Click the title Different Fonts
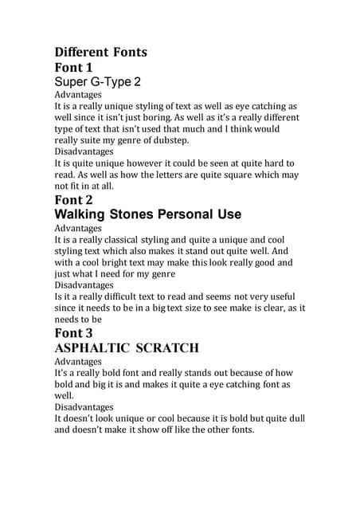point(100,53)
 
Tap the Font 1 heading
point(78,68)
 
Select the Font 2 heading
point(78,200)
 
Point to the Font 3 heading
point(79,332)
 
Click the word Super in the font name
point(72,82)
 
